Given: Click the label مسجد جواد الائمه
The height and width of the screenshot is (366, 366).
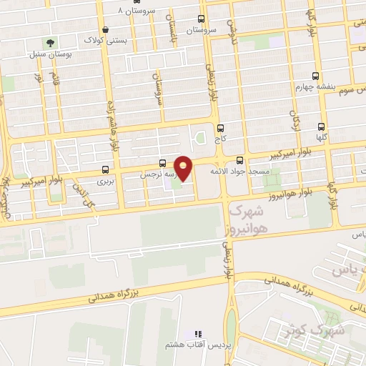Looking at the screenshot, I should tap(239, 172).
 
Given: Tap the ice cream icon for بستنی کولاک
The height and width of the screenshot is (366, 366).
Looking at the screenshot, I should tap(107, 29).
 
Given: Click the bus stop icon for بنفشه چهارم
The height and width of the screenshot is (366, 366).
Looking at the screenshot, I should tap(316, 76).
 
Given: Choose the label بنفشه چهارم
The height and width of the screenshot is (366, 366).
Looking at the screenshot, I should tap(315, 86).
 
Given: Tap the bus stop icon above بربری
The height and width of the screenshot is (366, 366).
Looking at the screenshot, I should tap(106, 170).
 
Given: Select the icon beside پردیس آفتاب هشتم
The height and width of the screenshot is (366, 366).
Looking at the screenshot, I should tap(199, 334).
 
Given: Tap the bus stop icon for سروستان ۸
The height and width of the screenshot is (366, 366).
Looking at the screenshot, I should tap(127, 1).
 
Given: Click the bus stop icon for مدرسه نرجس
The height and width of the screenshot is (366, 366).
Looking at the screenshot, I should tap(163, 163).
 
